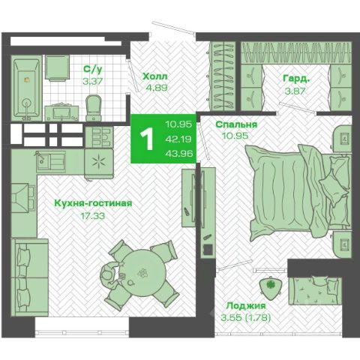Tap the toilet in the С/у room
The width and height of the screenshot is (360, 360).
click(94, 108)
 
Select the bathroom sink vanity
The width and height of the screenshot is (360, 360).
click(61, 113)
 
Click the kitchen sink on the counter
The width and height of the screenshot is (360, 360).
click(51, 161)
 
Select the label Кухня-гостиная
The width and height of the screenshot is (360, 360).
click(93, 203)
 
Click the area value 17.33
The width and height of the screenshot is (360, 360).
click(93, 216)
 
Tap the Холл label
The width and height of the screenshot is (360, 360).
click(154, 76)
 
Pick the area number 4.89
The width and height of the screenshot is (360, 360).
click(156, 88)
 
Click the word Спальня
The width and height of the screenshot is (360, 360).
click(236, 124)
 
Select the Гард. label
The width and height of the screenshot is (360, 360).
click(296, 79)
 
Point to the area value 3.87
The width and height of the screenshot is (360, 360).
click(295, 91)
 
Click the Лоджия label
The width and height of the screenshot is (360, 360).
click(246, 305)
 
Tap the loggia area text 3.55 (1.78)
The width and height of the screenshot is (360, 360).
click(246, 318)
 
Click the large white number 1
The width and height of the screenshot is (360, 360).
click(147, 139)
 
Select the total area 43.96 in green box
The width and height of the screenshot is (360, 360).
click(179, 153)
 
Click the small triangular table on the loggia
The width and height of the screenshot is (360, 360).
click(271, 287)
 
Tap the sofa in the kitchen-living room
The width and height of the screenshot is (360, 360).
click(30, 277)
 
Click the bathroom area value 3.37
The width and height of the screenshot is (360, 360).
click(93, 81)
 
